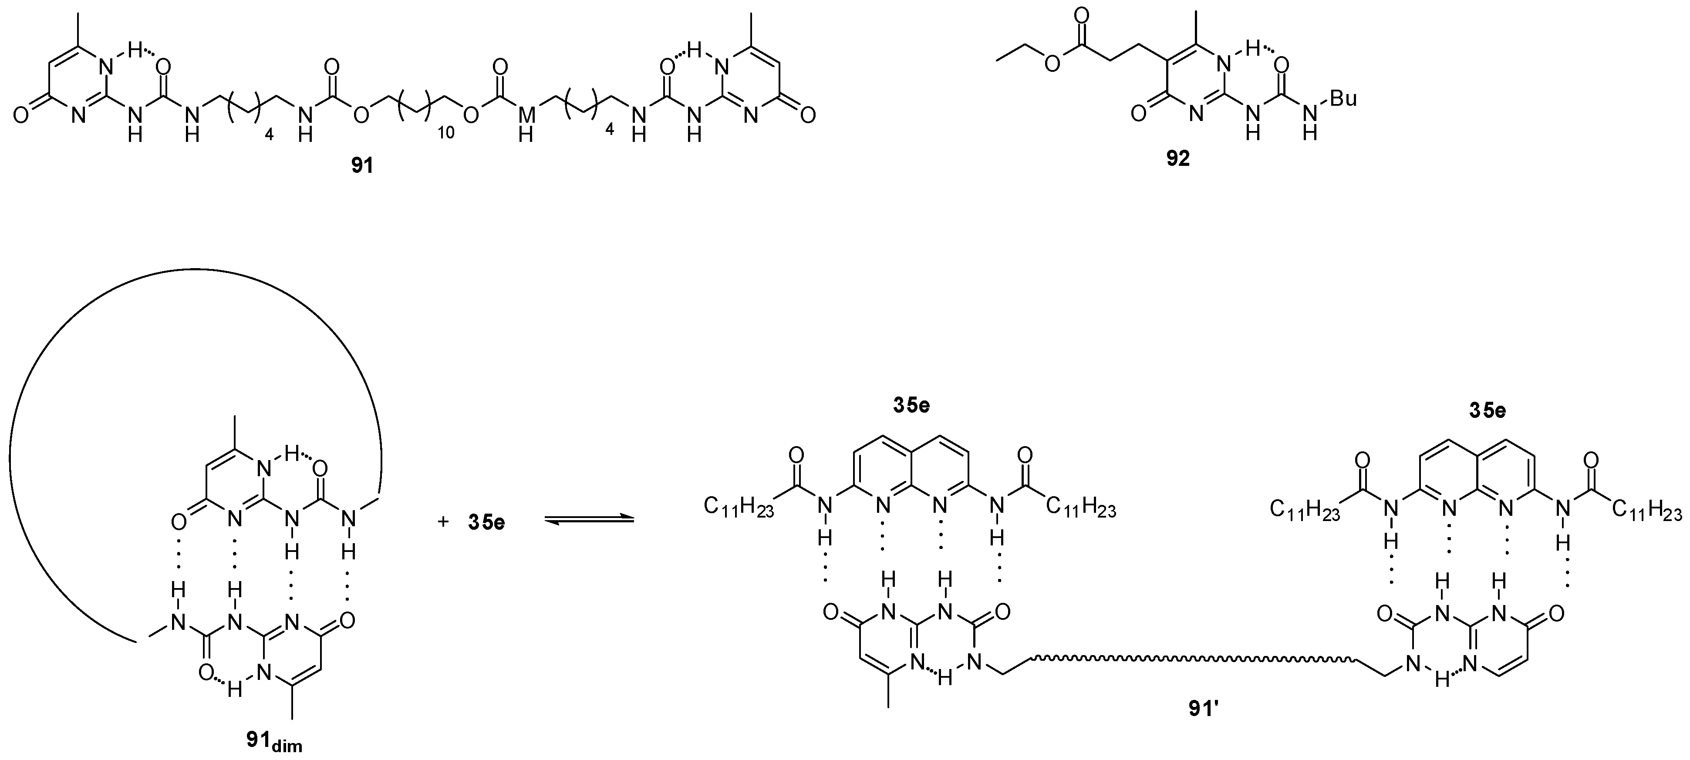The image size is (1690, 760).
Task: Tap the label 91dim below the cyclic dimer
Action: point(274,740)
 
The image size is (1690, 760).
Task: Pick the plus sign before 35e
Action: point(443,522)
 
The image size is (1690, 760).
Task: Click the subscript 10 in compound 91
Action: point(445,133)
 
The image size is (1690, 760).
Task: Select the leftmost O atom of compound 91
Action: point(20,115)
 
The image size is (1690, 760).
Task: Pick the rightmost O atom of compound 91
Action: point(808,115)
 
